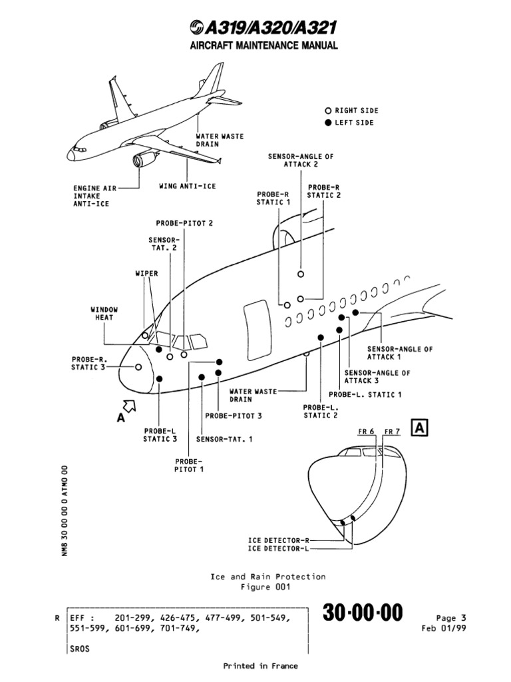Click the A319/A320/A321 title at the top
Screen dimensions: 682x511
pos(263,27)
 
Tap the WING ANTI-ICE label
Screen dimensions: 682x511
pos(187,186)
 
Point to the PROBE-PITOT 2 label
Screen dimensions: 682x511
pos(184,223)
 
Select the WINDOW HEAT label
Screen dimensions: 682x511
pos(104,313)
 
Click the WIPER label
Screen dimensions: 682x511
pos(146,273)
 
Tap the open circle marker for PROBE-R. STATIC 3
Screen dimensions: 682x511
pos(138,367)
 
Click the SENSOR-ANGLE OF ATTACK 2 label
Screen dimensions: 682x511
pos(301,159)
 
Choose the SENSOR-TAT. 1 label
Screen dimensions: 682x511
pos(224,439)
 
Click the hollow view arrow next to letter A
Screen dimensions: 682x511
pos(128,405)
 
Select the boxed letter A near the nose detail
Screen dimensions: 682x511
pos(420,428)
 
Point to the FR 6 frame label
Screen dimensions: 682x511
pos(367,432)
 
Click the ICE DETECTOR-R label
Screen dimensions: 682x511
pos(278,539)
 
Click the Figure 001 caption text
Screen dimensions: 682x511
pos(265,587)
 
